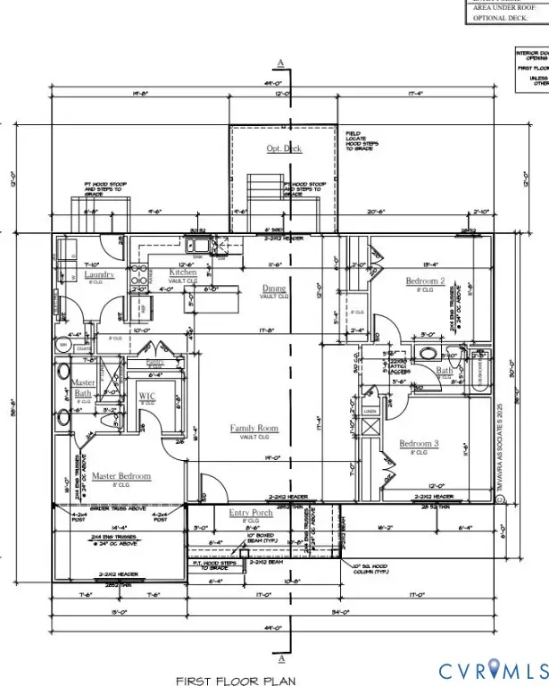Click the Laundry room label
pyautogui.click(x=99, y=275)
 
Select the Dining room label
pyautogui.click(x=274, y=289)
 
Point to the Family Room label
pyautogui.click(x=254, y=429)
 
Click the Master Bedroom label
pyautogui.click(x=121, y=476)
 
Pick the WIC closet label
pyautogui.click(x=147, y=395)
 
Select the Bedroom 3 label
pyautogui.click(x=419, y=444)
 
